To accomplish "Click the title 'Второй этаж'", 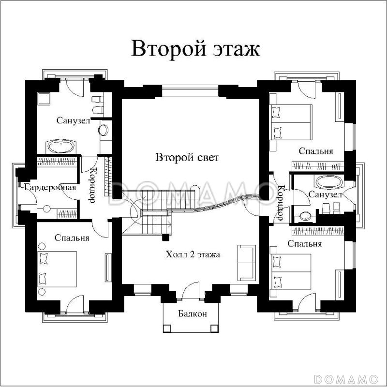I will [195, 49].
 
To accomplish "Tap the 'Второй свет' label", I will [187, 158].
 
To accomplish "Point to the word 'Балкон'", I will [193, 313].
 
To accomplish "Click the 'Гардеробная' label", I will [47, 187].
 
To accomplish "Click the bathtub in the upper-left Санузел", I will [60, 146].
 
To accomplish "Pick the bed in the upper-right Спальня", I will [291, 122].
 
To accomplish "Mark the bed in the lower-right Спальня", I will [291, 271].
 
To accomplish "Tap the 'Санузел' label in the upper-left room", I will [73, 120].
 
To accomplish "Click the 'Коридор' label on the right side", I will [280, 203].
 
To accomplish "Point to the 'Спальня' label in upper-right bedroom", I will [315, 151].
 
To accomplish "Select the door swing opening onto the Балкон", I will [193, 288].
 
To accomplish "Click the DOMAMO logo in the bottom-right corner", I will [347, 377].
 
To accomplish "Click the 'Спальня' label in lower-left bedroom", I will [72, 238].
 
